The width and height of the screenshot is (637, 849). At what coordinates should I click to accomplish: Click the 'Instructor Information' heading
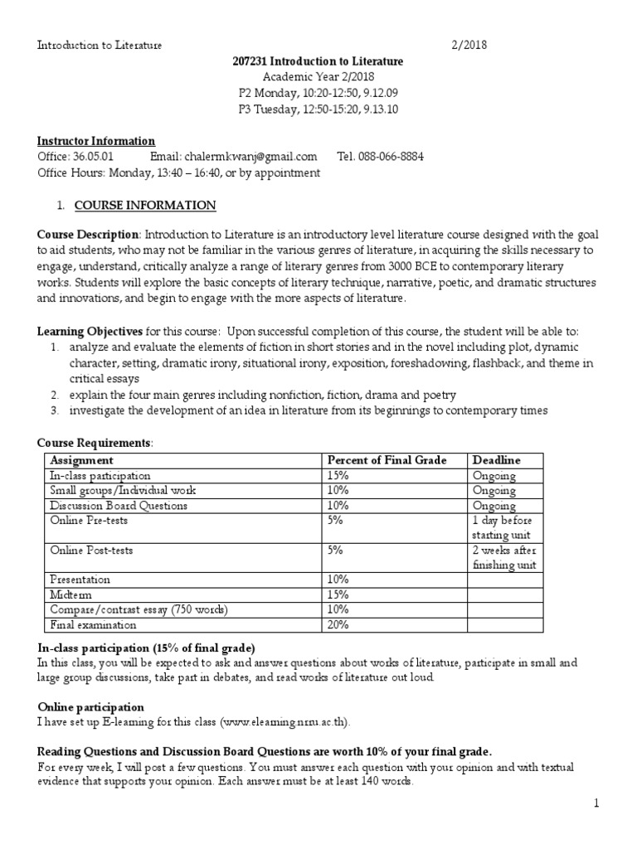[x=96, y=141]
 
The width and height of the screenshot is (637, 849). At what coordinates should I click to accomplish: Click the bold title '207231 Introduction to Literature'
[x=318, y=61]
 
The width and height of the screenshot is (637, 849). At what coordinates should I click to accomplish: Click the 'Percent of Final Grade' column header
[x=387, y=460]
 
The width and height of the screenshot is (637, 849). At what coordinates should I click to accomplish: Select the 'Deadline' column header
[x=496, y=460]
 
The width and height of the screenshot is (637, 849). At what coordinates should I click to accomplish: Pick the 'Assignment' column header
[x=81, y=460]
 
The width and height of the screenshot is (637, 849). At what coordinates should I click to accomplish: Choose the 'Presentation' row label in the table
[x=80, y=580]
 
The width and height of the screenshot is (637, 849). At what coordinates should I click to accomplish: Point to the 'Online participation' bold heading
[x=90, y=707]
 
